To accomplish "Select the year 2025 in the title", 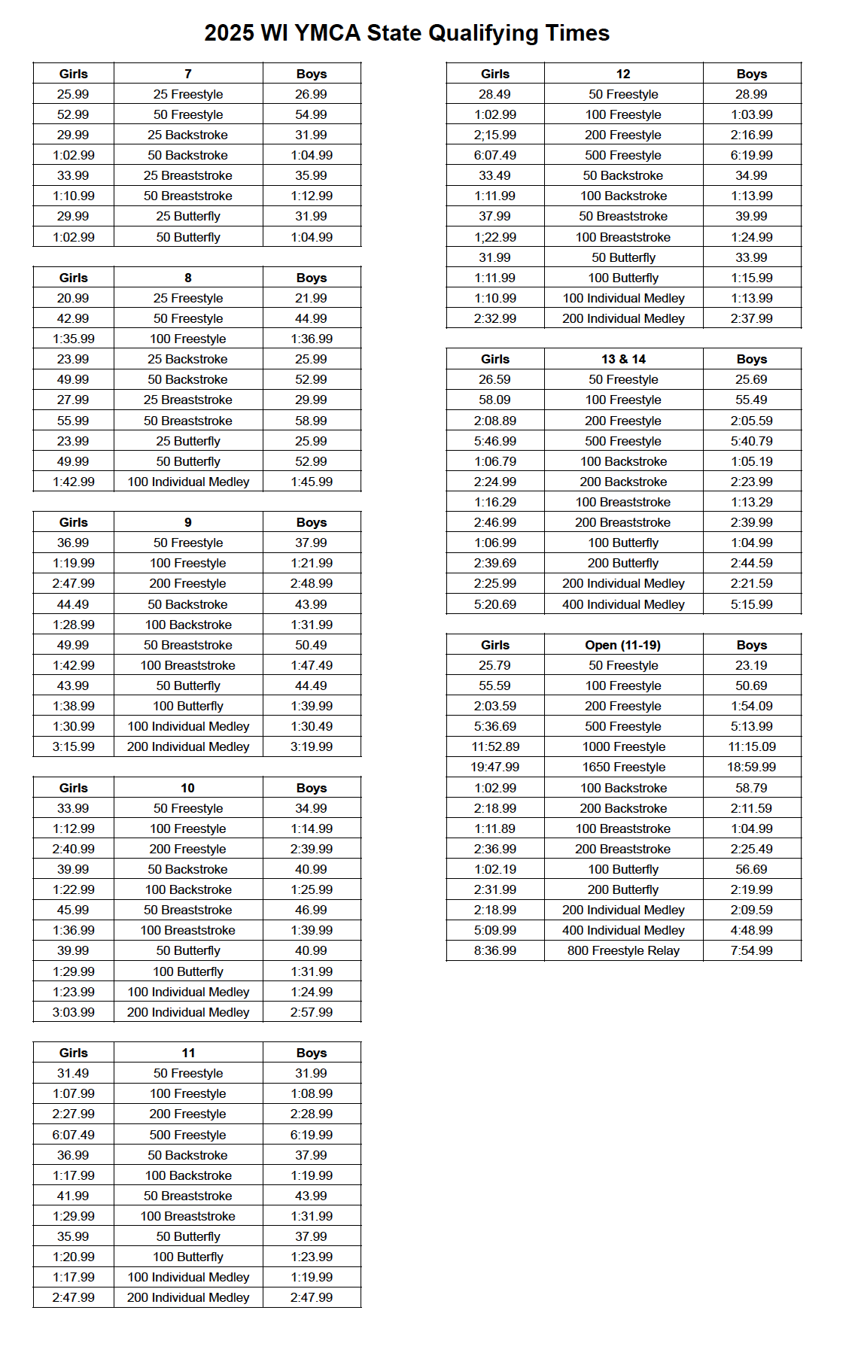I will [x=229, y=33].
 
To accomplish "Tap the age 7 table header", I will [x=188, y=74].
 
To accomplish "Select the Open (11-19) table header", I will [x=622, y=645].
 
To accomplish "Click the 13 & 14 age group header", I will [x=622, y=359].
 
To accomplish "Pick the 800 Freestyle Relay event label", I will [x=622, y=950].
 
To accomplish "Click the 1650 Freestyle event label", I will [x=623, y=767].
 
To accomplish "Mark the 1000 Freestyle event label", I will [x=623, y=746].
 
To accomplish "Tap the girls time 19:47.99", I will [x=494, y=767].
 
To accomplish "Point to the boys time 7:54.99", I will [x=751, y=950].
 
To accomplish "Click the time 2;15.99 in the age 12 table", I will [x=494, y=135].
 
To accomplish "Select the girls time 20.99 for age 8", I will [x=73, y=298].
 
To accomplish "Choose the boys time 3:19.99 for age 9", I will [x=311, y=746].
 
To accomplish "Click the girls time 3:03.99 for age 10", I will [x=73, y=1012].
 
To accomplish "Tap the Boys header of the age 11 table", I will [x=311, y=1053].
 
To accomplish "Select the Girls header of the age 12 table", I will [x=494, y=74].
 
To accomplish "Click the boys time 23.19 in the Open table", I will [x=751, y=665].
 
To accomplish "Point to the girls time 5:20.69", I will [x=494, y=604].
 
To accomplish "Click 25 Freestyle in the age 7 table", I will [x=188, y=94].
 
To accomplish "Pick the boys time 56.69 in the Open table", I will [x=751, y=869].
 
